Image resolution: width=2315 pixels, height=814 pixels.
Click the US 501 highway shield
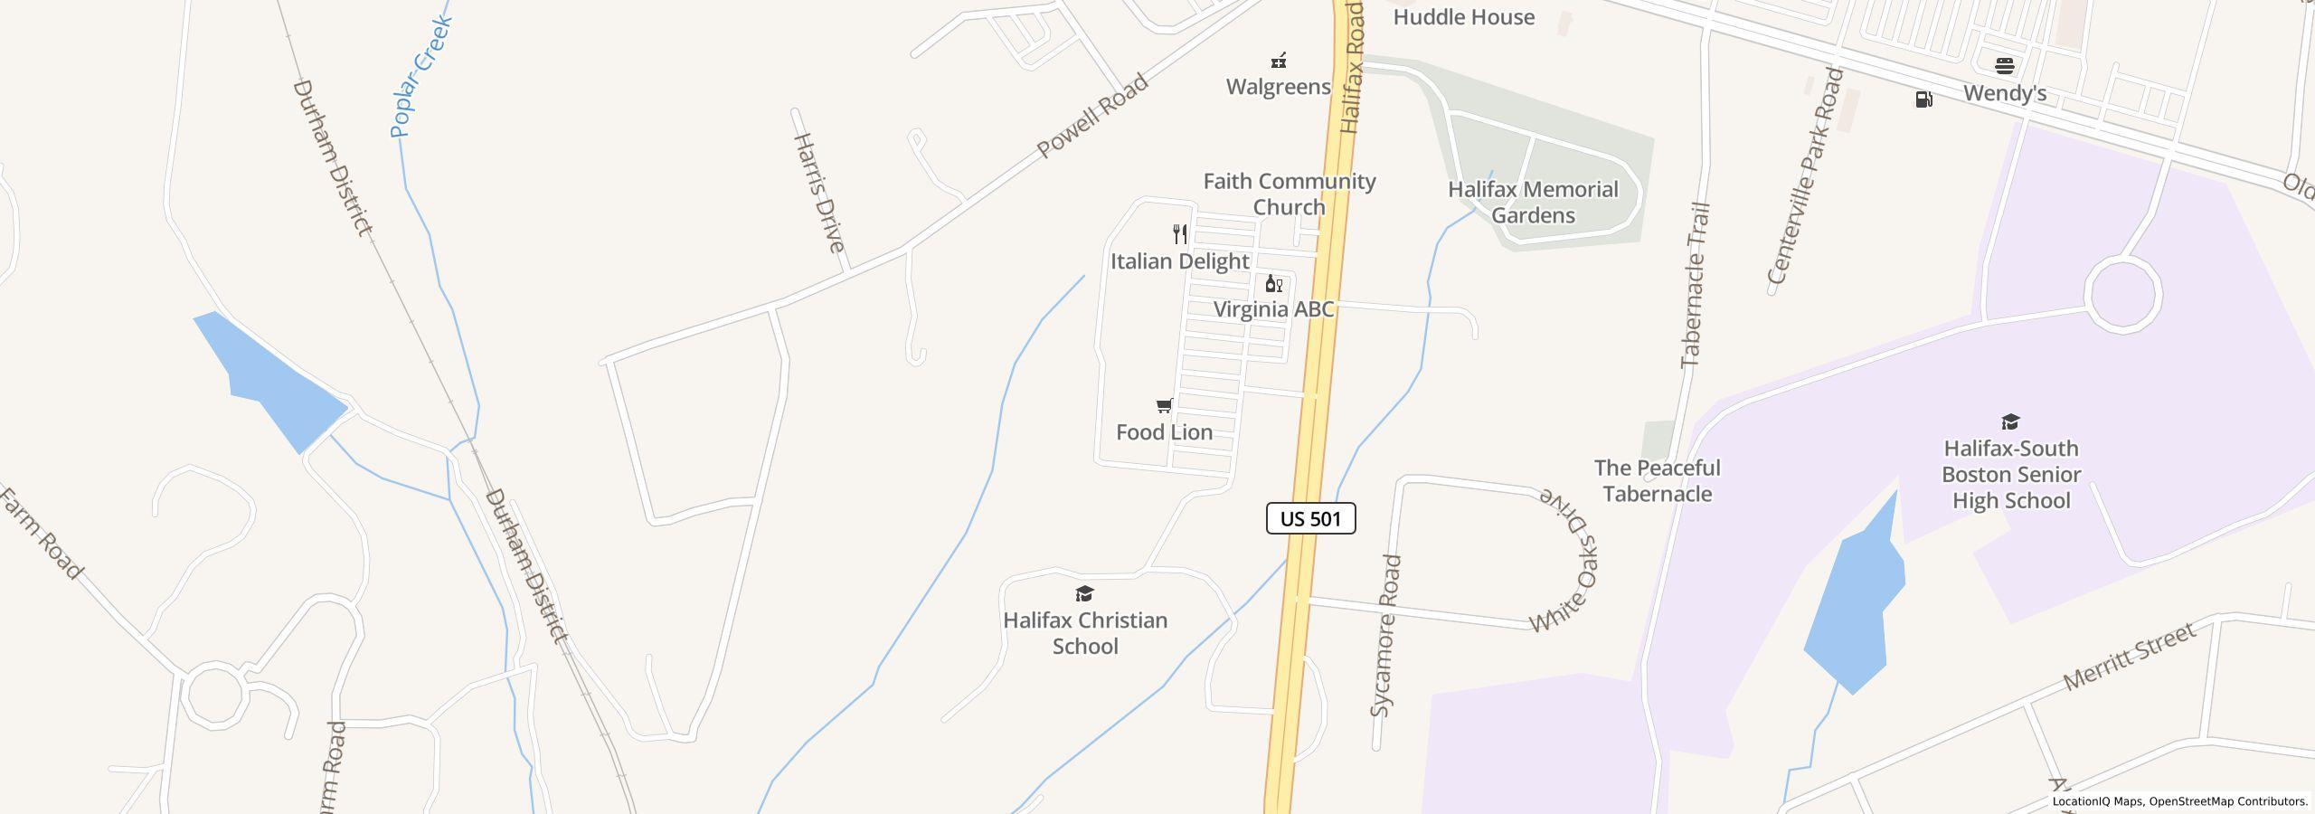tap(1310, 518)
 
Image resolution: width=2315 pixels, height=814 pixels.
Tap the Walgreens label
tap(1278, 87)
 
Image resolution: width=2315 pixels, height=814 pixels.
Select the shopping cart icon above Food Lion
tap(1165, 406)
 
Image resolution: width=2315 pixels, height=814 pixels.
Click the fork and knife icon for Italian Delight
tap(1179, 234)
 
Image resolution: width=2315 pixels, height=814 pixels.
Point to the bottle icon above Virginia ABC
tap(1273, 284)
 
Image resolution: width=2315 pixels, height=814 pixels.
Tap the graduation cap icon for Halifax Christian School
tap(1084, 594)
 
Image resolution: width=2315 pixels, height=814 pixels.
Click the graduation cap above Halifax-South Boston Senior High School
tap(2010, 421)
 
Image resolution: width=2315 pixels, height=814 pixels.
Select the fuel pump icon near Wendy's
tap(1923, 99)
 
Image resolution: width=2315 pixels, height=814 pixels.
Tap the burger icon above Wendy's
tap(2004, 65)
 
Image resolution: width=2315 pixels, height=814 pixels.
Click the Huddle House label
tap(1463, 17)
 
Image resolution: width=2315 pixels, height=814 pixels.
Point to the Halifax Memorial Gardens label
tap(1533, 203)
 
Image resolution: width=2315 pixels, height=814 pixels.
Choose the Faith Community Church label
tap(1289, 194)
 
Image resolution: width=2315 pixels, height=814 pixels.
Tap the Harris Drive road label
tap(819, 193)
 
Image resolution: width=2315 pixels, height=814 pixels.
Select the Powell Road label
tap(1091, 115)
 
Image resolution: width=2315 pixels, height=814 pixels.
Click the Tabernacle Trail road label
tap(1696, 285)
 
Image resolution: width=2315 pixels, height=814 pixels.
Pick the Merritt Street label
tap(2129, 657)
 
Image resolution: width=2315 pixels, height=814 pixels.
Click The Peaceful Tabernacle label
tap(1657, 480)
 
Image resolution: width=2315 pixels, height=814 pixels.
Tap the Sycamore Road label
tap(1385, 636)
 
